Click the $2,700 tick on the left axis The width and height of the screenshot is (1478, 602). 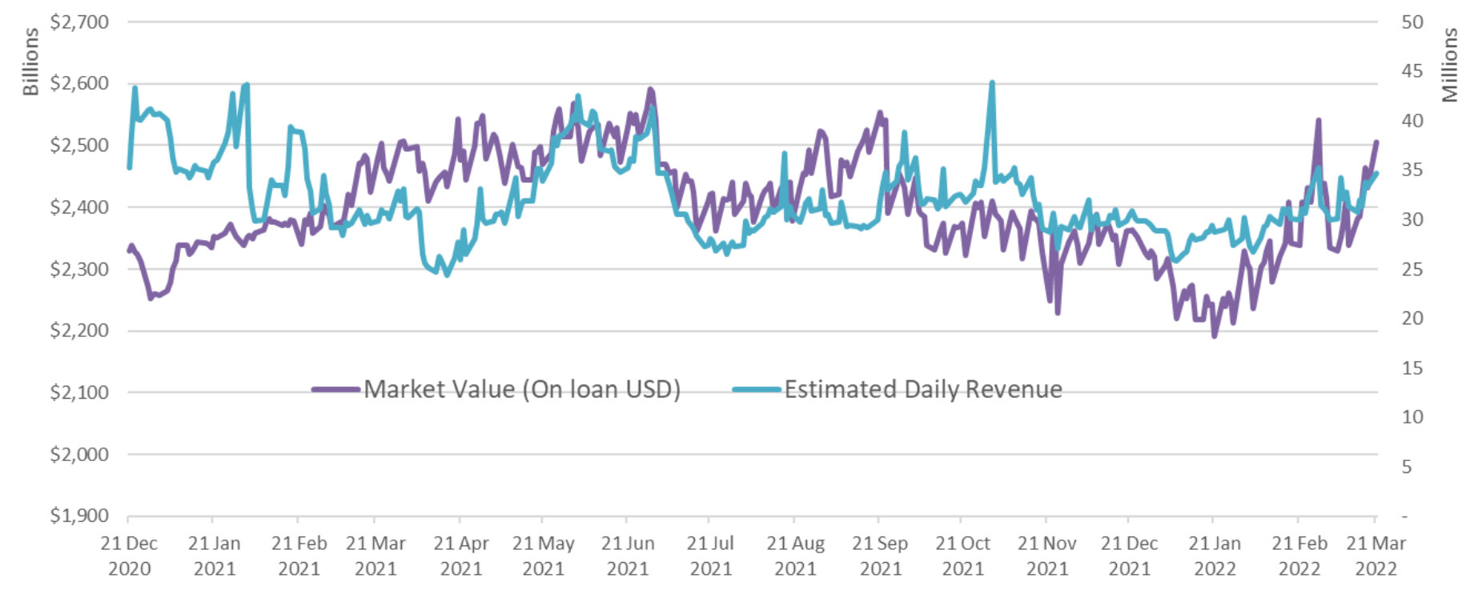tap(79, 22)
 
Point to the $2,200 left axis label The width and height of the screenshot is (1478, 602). tap(79, 330)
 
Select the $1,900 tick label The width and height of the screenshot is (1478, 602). tap(79, 516)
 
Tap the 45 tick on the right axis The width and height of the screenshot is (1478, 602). tap(1412, 71)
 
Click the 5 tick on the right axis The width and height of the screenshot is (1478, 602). tap(1407, 467)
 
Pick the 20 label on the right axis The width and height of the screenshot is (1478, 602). tap(1412, 319)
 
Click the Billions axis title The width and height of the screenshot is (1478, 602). tap(30, 62)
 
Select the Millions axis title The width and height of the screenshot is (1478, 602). tap(1450, 65)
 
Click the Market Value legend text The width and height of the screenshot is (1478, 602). tap(522, 390)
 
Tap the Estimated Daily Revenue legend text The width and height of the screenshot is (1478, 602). tap(923, 390)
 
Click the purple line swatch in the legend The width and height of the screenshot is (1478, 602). tap(335, 390)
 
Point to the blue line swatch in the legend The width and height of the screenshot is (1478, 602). tap(756, 390)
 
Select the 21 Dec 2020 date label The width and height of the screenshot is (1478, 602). tap(129, 556)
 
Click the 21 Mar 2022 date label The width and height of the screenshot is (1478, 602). tap(1376, 556)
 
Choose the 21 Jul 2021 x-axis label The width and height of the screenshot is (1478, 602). tap(710, 556)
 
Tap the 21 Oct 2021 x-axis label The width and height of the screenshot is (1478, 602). tap(962, 556)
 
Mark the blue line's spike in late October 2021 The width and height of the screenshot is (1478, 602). tap(992, 83)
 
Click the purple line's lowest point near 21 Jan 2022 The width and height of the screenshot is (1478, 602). tap(1215, 335)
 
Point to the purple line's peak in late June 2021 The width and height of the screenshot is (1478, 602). tap(650, 90)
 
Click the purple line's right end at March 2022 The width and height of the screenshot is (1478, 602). tap(1376, 142)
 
